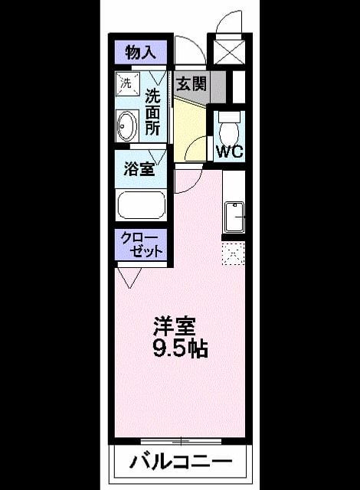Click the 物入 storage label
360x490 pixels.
(x=141, y=52)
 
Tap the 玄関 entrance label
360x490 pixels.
(x=191, y=83)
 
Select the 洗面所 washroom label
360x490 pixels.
(x=152, y=113)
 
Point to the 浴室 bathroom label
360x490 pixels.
(x=139, y=169)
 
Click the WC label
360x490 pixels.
(x=230, y=152)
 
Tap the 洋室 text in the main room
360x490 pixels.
(x=175, y=327)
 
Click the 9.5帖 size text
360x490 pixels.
(x=180, y=348)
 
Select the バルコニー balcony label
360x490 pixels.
(x=181, y=462)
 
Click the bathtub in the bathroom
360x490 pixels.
(x=141, y=204)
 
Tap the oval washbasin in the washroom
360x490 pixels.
(x=127, y=126)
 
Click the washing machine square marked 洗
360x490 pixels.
(x=127, y=84)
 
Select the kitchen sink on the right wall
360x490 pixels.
(x=234, y=217)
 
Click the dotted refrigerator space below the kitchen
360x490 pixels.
(x=233, y=253)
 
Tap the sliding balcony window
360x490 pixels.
(x=181, y=441)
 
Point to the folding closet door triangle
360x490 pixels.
(x=129, y=278)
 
